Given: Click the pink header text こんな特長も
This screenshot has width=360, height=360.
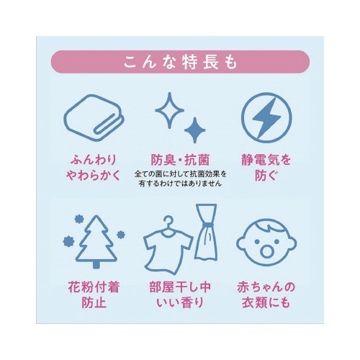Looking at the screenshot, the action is [x=180, y=62].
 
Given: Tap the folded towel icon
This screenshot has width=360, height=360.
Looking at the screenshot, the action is [x=94, y=117].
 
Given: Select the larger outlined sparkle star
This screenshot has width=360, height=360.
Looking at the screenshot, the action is [x=169, y=110].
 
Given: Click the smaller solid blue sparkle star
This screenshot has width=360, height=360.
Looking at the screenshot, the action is [x=194, y=130].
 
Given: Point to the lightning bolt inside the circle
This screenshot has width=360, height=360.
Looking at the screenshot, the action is [x=266, y=118].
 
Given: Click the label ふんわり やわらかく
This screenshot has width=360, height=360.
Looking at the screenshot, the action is [x=94, y=168].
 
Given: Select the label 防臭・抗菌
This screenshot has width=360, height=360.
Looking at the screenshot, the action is [x=180, y=160].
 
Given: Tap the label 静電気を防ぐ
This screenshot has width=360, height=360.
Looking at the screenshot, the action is [x=266, y=168].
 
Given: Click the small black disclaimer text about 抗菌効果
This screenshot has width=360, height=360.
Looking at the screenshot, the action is [x=180, y=179].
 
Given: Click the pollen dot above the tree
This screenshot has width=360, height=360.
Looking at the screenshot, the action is [x=78, y=219].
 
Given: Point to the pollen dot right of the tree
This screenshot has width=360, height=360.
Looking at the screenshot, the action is [x=121, y=235].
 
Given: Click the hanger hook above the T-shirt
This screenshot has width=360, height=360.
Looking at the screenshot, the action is [x=168, y=222].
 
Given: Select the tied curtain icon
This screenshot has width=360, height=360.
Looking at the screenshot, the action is [x=206, y=232].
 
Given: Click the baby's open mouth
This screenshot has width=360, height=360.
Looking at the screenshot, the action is [x=266, y=251].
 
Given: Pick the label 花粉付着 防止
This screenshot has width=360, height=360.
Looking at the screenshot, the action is [x=94, y=294].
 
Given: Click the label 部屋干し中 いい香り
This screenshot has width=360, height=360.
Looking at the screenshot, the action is [x=180, y=294].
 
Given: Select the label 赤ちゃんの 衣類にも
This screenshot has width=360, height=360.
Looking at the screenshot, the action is [x=266, y=294].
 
